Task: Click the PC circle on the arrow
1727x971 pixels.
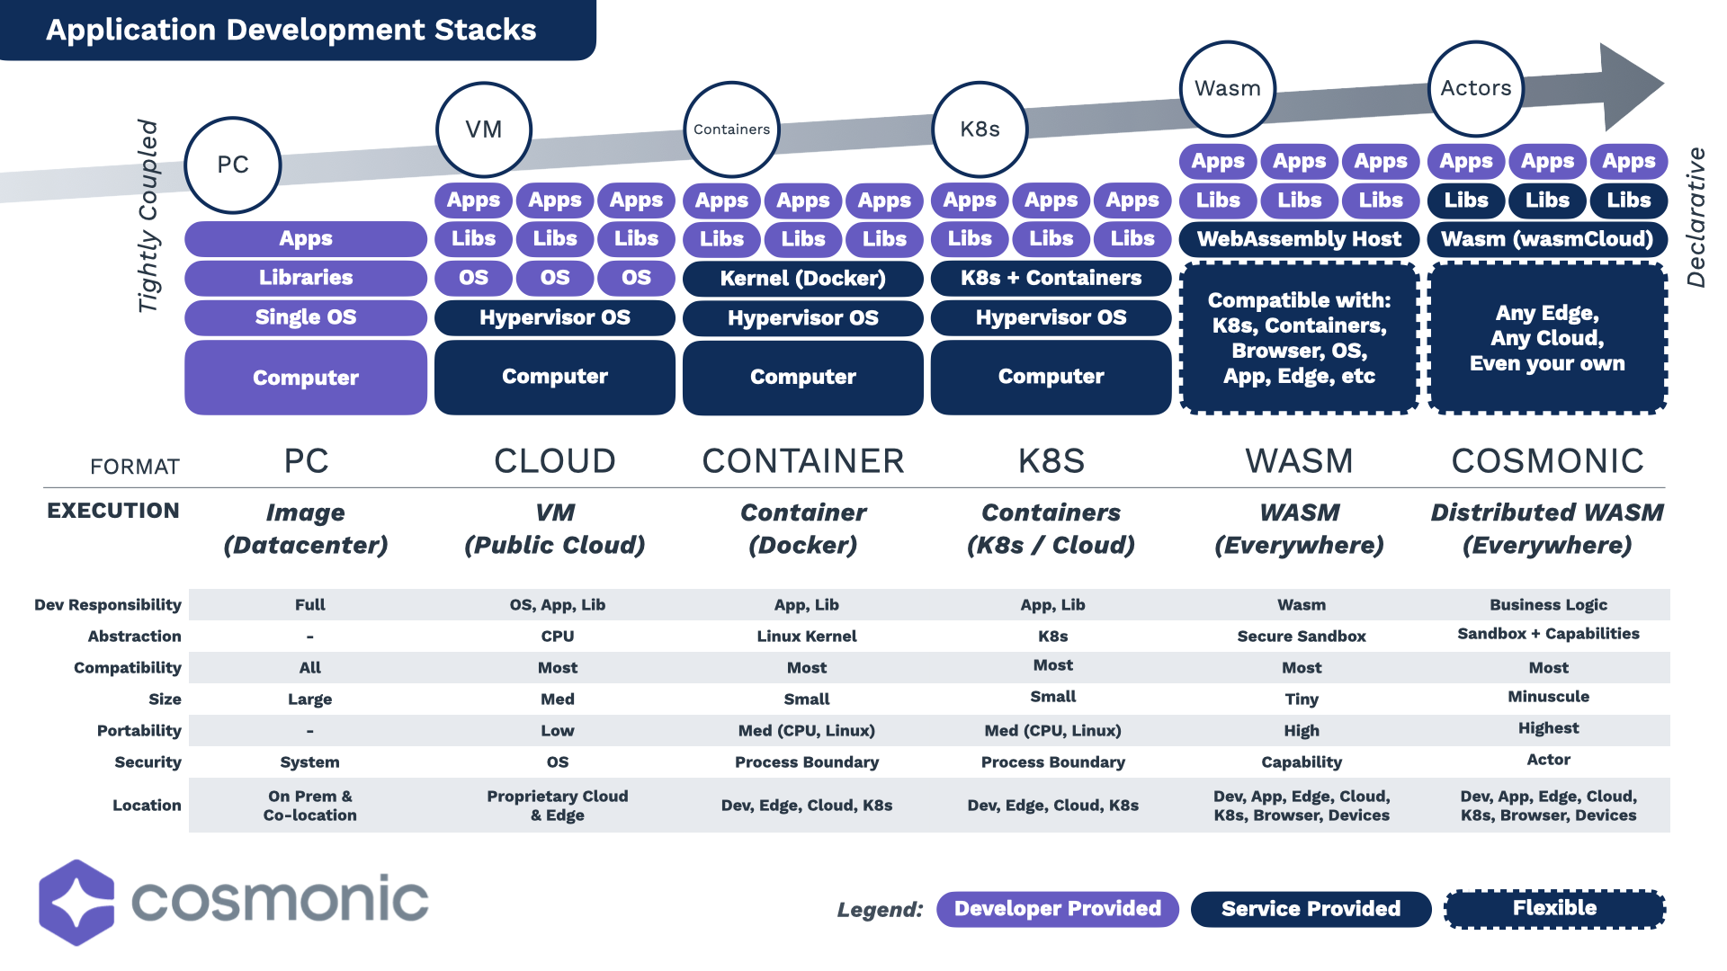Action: [x=233, y=165]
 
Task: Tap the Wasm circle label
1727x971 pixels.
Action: [x=1228, y=88]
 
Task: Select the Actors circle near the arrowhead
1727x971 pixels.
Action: [x=1476, y=88]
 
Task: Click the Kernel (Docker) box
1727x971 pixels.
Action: [x=802, y=279]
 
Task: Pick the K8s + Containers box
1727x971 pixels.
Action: [x=1051, y=279]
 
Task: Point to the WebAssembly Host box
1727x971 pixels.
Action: [x=1299, y=239]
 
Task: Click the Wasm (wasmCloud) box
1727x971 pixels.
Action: [x=1547, y=239]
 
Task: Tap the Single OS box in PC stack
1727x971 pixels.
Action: [x=306, y=317]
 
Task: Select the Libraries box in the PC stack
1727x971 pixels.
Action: [x=306, y=278]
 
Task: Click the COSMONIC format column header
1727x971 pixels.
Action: [x=1547, y=461]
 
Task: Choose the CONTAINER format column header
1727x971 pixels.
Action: [x=802, y=461]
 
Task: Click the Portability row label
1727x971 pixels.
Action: [x=139, y=731]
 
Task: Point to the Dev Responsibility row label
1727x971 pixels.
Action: [x=108, y=605]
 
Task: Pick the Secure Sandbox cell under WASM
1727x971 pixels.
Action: [x=1301, y=637]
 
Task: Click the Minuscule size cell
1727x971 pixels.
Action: [x=1548, y=697]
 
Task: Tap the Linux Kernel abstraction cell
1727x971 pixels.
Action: [x=806, y=637]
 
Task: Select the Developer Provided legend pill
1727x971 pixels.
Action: [x=1057, y=909]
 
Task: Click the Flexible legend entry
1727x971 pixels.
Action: [x=1554, y=909]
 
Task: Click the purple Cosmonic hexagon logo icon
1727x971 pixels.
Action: [x=77, y=902]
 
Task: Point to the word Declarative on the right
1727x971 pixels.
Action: [x=1696, y=218]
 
